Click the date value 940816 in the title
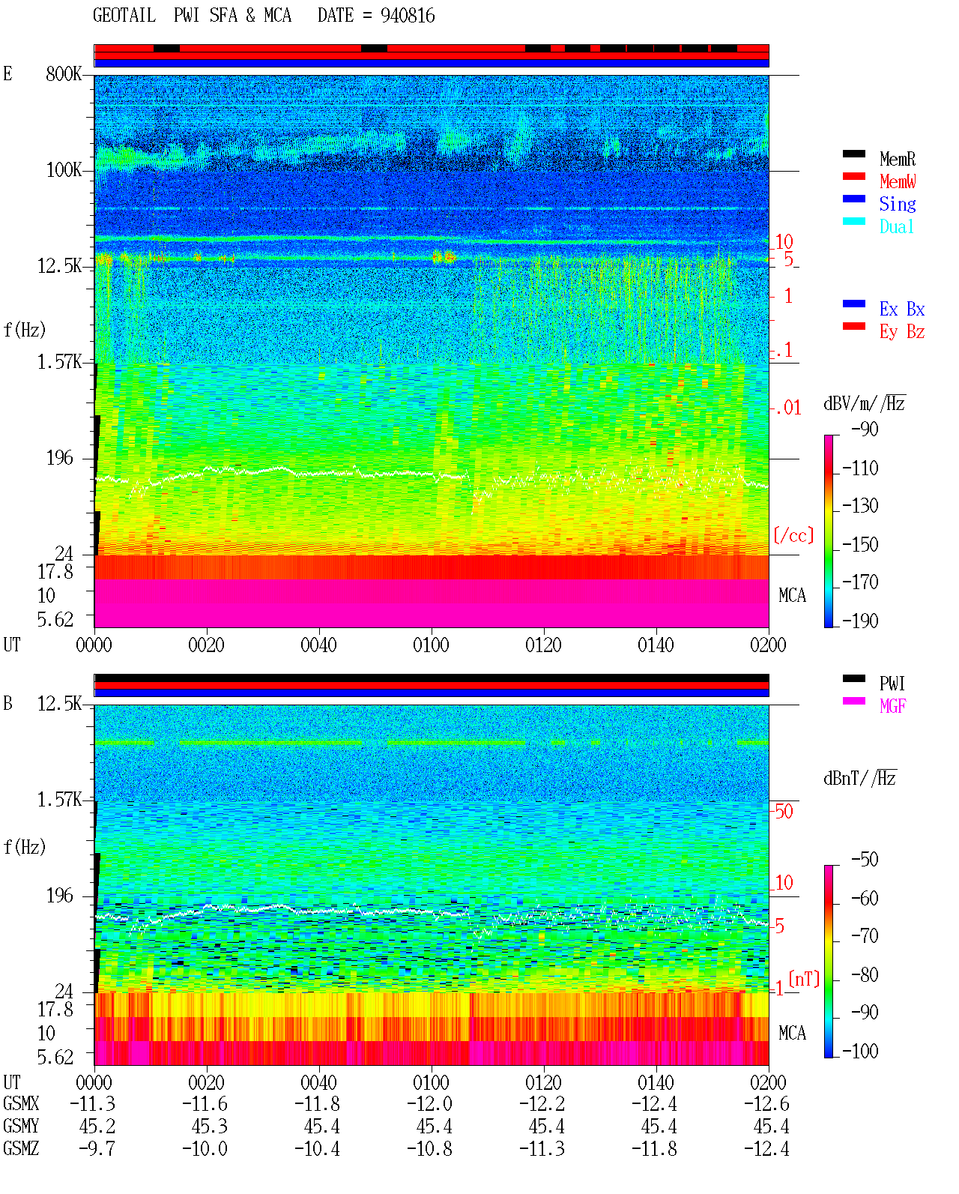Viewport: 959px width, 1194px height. click(x=408, y=16)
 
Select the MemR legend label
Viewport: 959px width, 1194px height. click(x=898, y=159)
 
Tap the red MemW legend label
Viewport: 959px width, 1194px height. click(x=898, y=181)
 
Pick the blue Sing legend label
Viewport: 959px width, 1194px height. click(x=898, y=204)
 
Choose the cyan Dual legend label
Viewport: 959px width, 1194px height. click(x=897, y=226)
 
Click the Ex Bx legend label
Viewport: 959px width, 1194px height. click(x=902, y=309)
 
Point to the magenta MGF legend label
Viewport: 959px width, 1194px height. click(x=892, y=706)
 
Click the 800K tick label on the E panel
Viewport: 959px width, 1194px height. click(x=64, y=73)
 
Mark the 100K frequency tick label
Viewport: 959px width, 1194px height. click(x=64, y=170)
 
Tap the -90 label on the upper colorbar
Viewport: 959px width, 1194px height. click(x=865, y=429)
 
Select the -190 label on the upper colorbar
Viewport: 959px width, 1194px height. click(x=860, y=621)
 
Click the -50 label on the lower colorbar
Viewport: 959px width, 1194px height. click(x=865, y=860)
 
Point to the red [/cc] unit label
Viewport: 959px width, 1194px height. click(x=793, y=535)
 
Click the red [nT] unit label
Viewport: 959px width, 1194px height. click(x=804, y=979)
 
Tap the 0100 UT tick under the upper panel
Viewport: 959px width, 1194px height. click(x=431, y=645)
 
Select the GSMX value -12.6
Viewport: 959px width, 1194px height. click(x=766, y=1104)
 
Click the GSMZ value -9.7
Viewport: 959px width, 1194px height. click(x=97, y=1148)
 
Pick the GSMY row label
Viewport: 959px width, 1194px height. click(x=21, y=1127)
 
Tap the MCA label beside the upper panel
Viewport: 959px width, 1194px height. click(x=792, y=595)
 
